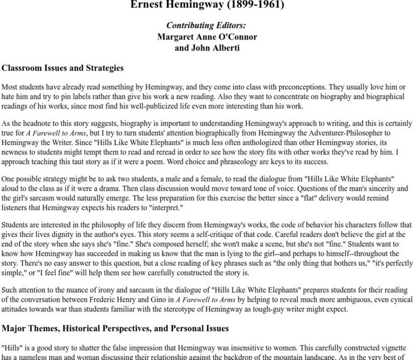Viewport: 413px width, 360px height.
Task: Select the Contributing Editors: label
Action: tap(206, 26)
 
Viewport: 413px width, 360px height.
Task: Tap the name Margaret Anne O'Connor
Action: tap(207, 37)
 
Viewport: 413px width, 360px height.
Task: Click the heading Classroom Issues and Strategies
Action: tap(62, 68)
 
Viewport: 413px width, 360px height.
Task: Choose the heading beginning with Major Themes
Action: tap(115, 328)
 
